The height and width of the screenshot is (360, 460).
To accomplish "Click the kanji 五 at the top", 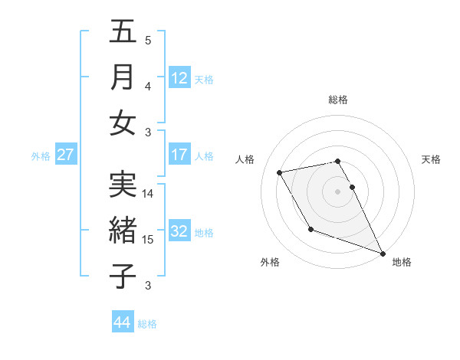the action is [x=123, y=33].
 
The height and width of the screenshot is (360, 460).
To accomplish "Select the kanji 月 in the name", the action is [x=123, y=77].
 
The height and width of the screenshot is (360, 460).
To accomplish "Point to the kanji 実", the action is [x=123, y=184].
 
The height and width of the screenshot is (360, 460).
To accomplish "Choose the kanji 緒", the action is [x=123, y=229].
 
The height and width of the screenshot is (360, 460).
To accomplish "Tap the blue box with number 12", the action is [x=179, y=77].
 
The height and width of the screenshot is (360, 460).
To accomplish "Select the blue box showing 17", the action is [x=179, y=155].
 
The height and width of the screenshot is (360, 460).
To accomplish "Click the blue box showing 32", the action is [x=179, y=231].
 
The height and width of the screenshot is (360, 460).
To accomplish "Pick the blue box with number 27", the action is [x=66, y=155].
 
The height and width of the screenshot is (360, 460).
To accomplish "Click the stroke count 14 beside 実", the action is [x=148, y=194].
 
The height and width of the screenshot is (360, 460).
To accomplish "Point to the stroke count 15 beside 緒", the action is [x=148, y=240].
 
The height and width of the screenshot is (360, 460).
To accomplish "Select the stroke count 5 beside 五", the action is [x=148, y=41].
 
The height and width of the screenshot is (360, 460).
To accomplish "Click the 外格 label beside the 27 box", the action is [x=41, y=156].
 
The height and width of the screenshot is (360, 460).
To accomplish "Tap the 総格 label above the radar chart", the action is [x=338, y=100].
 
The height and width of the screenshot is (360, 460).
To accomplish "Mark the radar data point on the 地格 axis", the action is [x=383, y=253].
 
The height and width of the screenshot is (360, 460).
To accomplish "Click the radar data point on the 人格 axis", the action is [x=280, y=173].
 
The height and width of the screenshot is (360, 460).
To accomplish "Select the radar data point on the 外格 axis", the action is [x=310, y=229].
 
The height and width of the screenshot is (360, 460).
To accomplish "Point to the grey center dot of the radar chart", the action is [x=338, y=191].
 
